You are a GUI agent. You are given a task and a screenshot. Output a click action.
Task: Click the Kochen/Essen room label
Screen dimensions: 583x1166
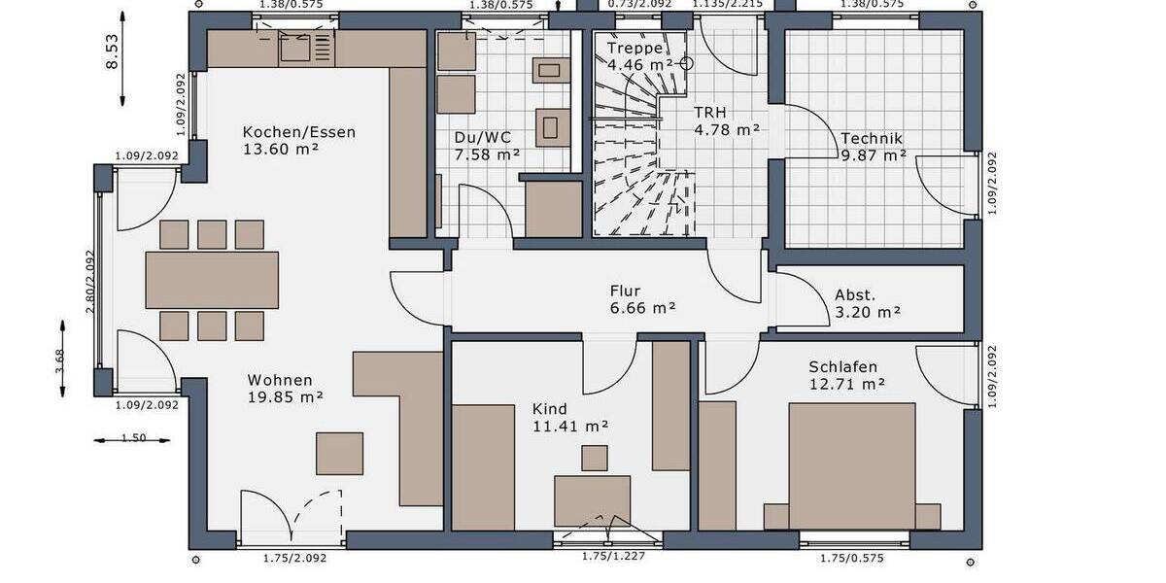[x=299, y=133]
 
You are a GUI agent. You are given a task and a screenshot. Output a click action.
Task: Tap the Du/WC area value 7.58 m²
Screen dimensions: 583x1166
[x=487, y=154]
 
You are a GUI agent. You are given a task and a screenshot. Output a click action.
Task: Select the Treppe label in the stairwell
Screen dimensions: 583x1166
[x=634, y=49]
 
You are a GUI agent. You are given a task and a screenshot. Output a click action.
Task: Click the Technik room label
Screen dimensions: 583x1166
[x=873, y=138]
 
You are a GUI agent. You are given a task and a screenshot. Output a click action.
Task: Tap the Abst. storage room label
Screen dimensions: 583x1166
[x=855, y=294]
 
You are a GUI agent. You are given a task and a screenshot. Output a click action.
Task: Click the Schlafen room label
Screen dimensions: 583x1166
[x=842, y=367]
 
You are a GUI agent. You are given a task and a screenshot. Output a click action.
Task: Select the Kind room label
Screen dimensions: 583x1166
[x=549, y=409]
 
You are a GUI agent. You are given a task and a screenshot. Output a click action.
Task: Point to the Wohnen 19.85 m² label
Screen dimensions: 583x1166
[x=279, y=380]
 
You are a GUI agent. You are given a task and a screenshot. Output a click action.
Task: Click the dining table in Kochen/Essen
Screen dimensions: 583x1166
[x=212, y=280]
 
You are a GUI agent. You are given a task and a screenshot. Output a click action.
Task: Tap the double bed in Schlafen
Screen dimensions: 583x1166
[x=852, y=465]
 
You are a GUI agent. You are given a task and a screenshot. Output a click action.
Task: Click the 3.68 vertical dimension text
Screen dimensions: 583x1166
[x=60, y=360]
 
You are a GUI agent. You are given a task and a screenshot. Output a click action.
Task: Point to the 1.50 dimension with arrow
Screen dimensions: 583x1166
[x=133, y=438]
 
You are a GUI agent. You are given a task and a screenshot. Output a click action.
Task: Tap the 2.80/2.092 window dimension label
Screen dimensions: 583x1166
[x=89, y=282]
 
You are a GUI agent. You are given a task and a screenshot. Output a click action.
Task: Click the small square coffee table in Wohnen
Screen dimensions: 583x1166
[x=339, y=453]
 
